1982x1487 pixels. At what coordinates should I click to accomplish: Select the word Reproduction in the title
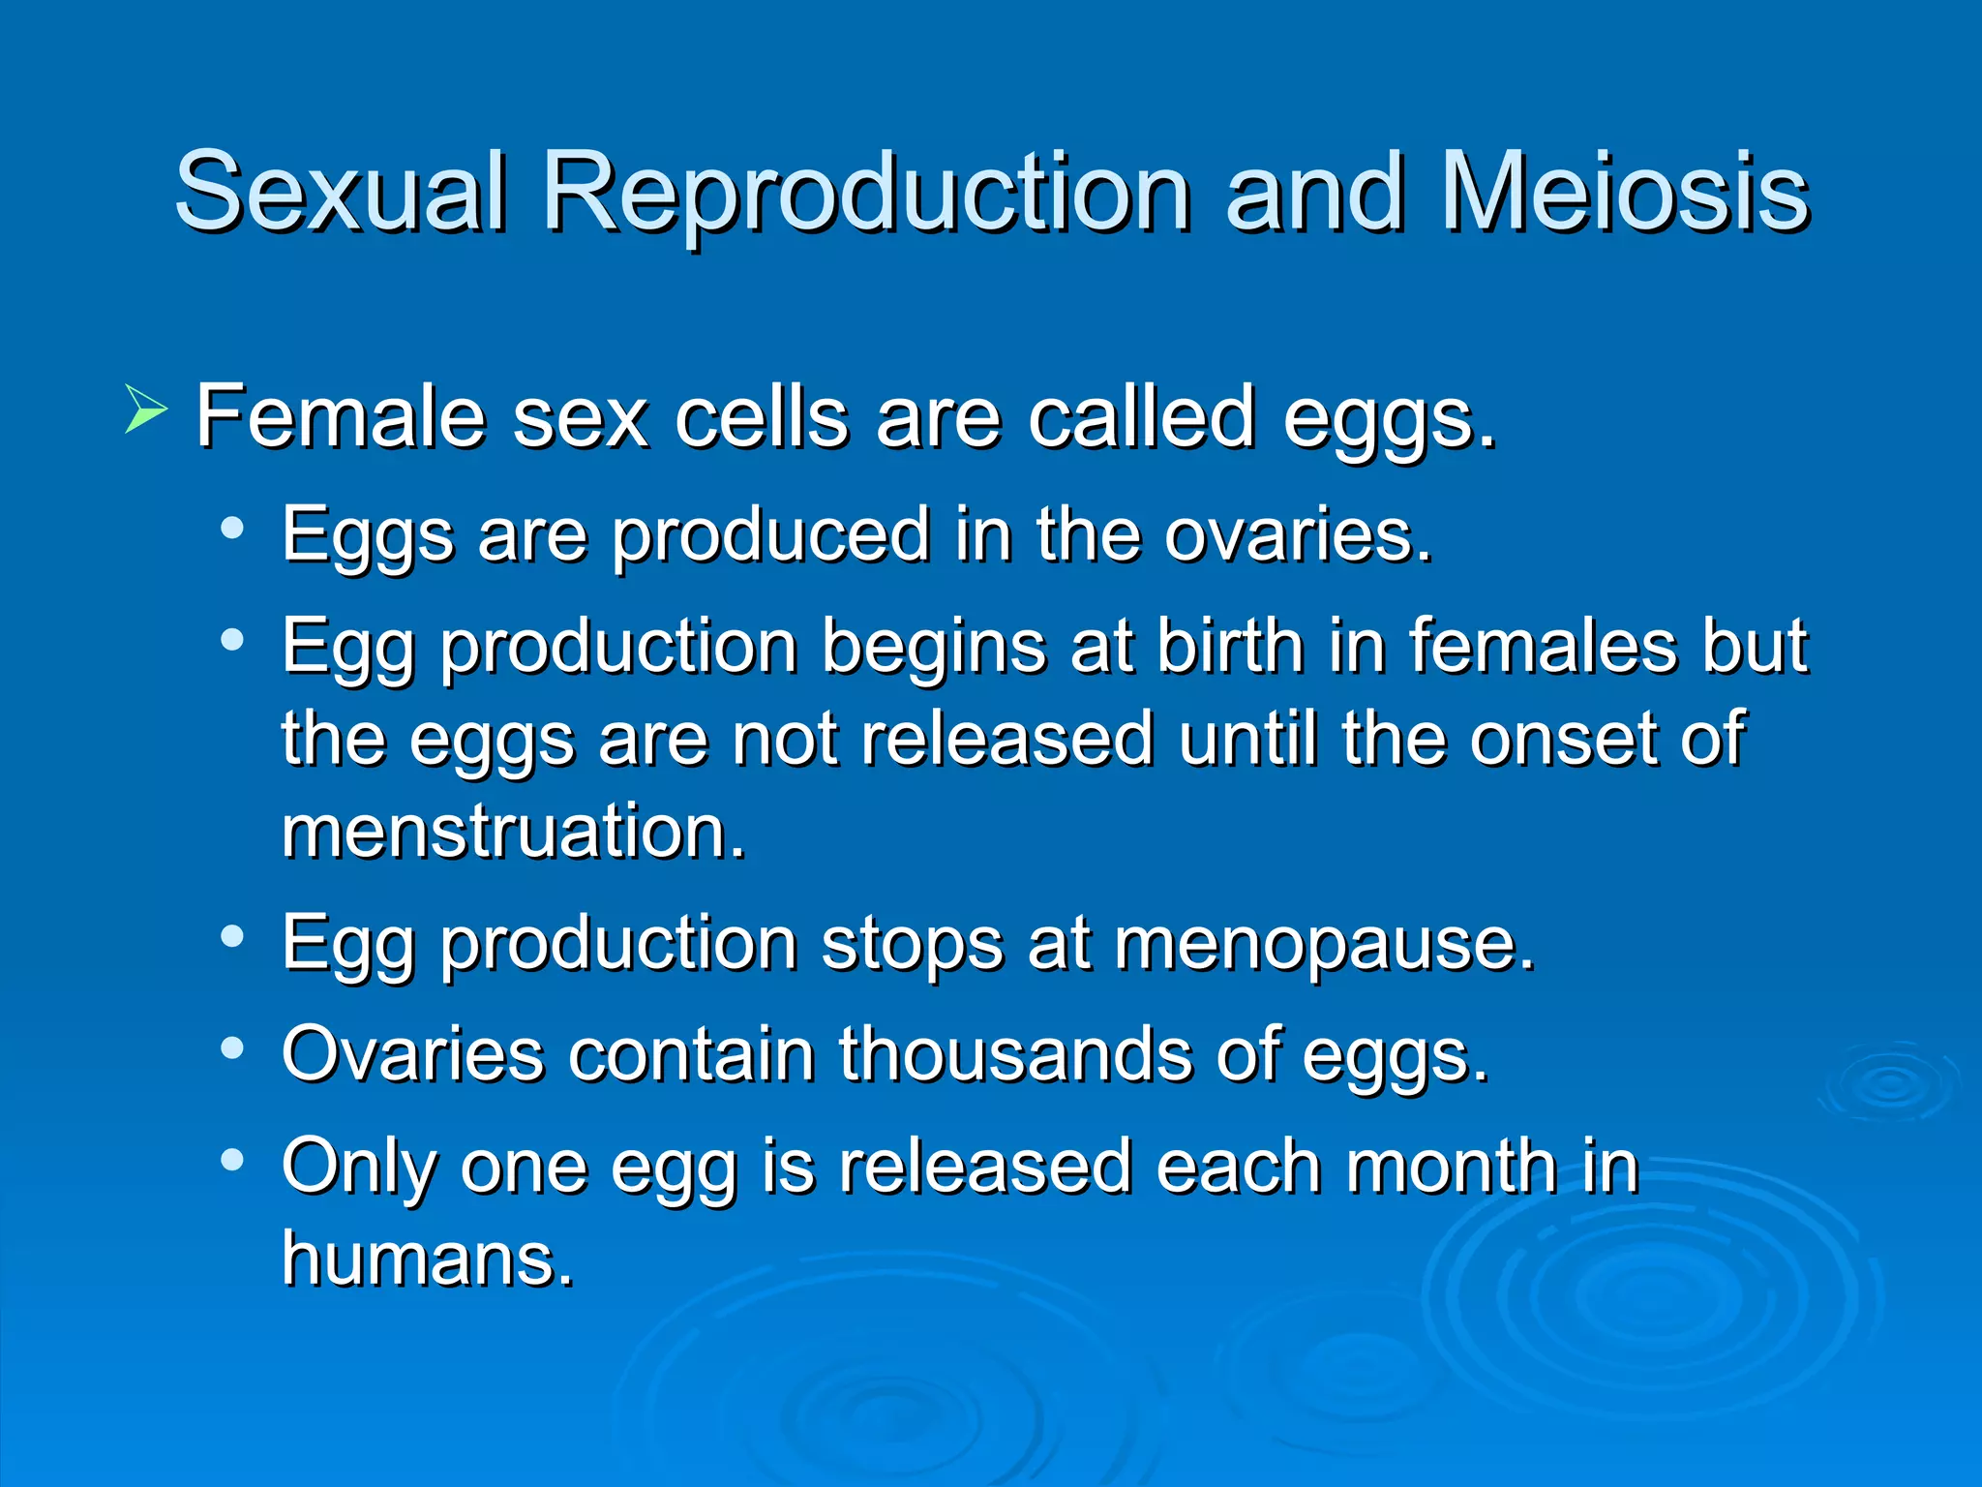point(866,194)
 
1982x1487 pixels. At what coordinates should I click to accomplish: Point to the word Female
point(340,416)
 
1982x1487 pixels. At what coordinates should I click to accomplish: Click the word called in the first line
point(1141,416)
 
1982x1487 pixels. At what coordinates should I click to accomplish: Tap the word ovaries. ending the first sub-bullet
point(1297,534)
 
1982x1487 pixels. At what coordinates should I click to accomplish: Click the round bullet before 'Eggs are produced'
point(231,529)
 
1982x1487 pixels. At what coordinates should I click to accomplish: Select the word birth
point(1229,646)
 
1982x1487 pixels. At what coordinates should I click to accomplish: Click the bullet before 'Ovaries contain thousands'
point(231,1047)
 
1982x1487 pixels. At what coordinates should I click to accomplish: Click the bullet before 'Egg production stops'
point(231,936)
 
